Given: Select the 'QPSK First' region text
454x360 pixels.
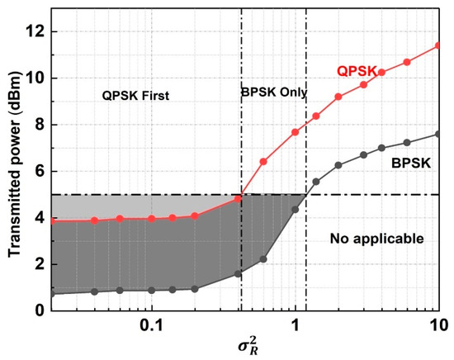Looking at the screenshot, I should [x=134, y=96].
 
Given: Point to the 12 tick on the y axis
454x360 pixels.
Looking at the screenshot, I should [x=35, y=31].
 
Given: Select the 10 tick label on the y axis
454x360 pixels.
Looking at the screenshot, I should [x=35, y=78].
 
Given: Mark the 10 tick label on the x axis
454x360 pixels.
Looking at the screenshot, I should [x=437, y=324].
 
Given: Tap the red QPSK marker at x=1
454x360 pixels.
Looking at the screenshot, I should [x=296, y=132].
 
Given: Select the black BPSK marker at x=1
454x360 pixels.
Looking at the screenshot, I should [x=296, y=210].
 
